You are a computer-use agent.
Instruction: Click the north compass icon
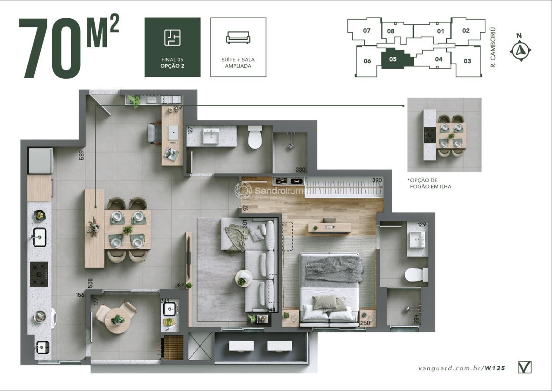(520, 50)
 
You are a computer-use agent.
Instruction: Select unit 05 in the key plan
(393, 60)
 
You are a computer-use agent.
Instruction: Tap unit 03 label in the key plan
(467, 61)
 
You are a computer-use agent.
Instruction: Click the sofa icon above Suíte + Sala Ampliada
(238, 37)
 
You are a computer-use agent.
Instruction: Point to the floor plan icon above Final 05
(172, 37)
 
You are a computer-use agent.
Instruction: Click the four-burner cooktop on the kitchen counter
(39, 274)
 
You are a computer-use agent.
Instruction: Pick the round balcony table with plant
(117, 321)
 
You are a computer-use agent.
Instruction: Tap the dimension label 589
(82, 156)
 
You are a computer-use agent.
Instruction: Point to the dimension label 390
(377, 180)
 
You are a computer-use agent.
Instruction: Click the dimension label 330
(300, 170)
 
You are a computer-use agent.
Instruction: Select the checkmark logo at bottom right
(525, 368)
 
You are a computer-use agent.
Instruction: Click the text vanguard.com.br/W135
(462, 368)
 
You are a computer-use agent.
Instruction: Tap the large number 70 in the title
(50, 49)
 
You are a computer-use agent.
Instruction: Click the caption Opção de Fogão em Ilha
(430, 183)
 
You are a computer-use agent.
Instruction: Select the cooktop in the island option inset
(430, 135)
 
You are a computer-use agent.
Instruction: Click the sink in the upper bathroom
(211, 136)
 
